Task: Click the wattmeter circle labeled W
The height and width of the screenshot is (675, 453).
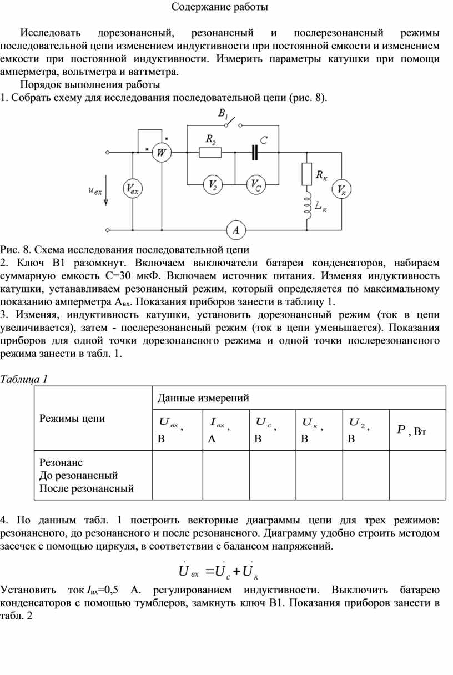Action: pyautogui.click(x=162, y=152)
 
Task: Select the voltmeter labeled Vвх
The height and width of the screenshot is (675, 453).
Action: pyautogui.click(x=133, y=189)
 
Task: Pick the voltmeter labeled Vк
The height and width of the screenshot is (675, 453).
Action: pyautogui.click(x=341, y=190)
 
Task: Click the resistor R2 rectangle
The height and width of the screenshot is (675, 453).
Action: pyautogui.click(x=210, y=152)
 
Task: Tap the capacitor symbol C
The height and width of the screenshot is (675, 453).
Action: pyautogui.click(x=255, y=152)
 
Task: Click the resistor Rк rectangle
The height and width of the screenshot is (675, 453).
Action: pyautogui.click(x=306, y=174)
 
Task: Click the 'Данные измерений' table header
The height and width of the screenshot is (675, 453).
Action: pyautogui.click(x=203, y=397)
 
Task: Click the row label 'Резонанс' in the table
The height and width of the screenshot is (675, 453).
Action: pyautogui.click(x=61, y=462)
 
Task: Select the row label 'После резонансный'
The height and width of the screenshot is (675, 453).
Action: pyautogui.click(x=87, y=488)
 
